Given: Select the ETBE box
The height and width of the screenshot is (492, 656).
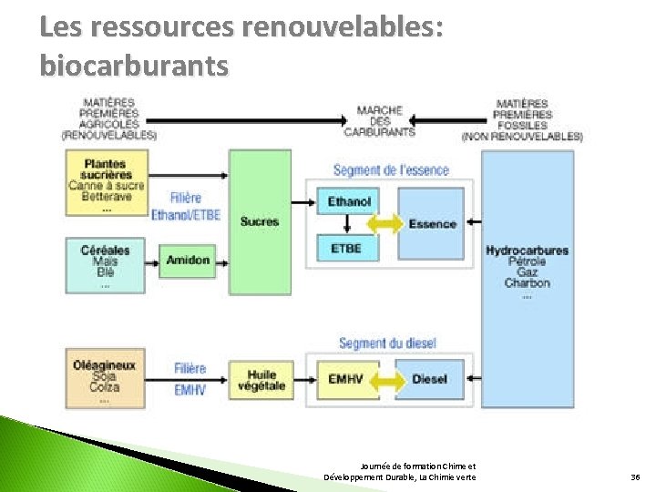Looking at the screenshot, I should (x=347, y=248).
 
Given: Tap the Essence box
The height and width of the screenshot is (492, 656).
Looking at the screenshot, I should (x=433, y=224).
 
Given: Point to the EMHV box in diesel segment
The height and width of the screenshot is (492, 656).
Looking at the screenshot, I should (x=347, y=379).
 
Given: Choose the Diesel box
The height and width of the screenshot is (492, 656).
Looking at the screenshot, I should (x=429, y=379).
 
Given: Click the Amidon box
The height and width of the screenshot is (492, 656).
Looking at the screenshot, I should (x=188, y=261).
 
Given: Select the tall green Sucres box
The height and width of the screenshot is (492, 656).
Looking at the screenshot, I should (x=260, y=221).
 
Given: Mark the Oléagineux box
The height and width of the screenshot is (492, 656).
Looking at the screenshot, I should (x=105, y=377).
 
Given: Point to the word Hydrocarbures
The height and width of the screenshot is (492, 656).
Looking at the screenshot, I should (x=527, y=251).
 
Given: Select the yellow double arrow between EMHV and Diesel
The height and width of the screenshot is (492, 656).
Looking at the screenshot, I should (x=388, y=379).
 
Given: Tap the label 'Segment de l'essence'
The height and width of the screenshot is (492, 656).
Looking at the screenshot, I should (x=391, y=170).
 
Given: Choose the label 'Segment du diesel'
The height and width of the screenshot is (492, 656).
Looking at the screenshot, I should (x=387, y=343).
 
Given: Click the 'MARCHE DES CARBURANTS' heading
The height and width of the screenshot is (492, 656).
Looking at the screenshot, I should (x=379, y=121).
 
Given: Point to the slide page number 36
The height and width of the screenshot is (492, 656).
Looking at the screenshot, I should (x=635, y=477).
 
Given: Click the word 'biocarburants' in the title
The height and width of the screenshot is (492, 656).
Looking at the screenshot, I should (x=135, y=67).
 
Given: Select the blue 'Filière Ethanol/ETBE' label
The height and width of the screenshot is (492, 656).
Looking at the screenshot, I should (x=186, y=207).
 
